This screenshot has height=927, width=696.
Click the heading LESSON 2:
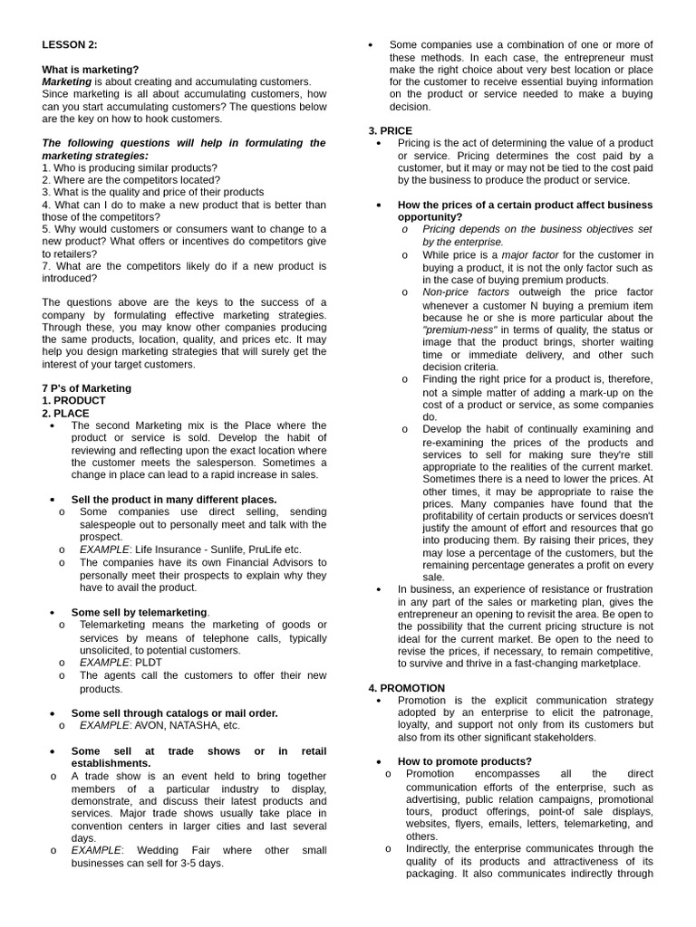pyautogui.click(x=70, y=44)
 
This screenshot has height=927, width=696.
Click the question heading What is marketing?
pyautogui.click(x=91, y=69)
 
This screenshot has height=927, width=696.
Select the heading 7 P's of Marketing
pyautogui.click(x=86, y=388)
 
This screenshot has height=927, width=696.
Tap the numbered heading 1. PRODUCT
pyautogui.click(x=73, y=400)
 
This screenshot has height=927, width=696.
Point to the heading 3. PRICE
pyautogui.click(x=390, y=130)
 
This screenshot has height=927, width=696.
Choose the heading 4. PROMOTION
pyautogui.click(x=406, y=688)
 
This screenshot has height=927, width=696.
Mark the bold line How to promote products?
pyautogui.click(x=465, y=761)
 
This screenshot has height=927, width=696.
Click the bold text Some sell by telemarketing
pyautogui.click(x=140, y=612)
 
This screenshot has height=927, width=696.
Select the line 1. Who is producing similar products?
pyautogui.click(x=130, y=167)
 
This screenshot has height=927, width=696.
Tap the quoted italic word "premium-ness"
pyautogui.click(x=459, y=330)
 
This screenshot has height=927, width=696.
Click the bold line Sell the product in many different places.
pyautogui.click(x=174, y=499)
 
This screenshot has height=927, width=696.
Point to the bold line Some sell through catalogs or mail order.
pyautogui.click(x=174, y=712)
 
